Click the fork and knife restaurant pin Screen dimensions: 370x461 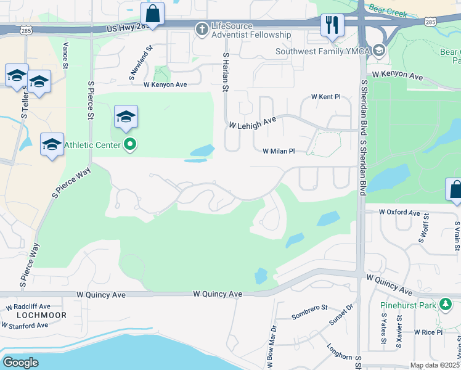[332, 25]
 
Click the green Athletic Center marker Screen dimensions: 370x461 [130, 145]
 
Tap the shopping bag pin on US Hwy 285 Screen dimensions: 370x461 [152, 14]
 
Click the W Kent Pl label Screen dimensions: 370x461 [325, 97]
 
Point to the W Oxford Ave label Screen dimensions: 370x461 [399, 212]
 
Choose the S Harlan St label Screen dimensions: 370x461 [225, 72]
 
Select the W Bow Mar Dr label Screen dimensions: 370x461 [271, 343]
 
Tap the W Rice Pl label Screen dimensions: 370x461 [428, 332]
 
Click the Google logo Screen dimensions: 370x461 [20, 363]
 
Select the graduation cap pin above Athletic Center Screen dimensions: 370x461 [126, 117]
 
